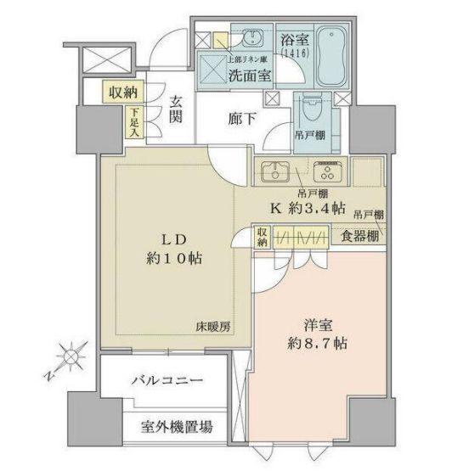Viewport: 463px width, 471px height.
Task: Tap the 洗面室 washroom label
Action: (251, 74)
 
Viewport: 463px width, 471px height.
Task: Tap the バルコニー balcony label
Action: (167, 381)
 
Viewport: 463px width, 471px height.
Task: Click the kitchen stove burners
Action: (325, 172)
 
